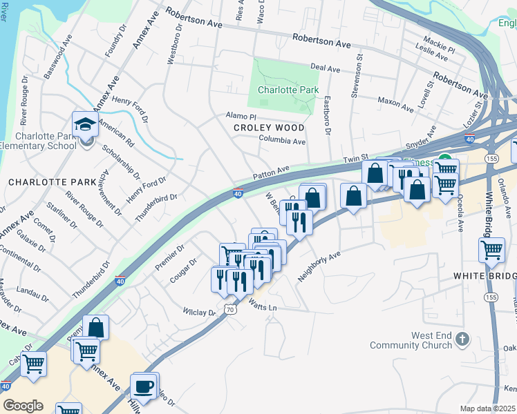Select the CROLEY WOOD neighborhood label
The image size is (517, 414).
point(269,128)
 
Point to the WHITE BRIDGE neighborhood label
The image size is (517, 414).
point(485,276)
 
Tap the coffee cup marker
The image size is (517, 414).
point(143,387)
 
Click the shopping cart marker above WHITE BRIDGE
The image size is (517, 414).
point(491,250)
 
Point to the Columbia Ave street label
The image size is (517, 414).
point(282,141)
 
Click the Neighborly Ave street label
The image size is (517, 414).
point(319,265)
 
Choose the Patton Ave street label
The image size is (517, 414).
point(272,172)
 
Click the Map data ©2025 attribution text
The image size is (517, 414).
point(488,408)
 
